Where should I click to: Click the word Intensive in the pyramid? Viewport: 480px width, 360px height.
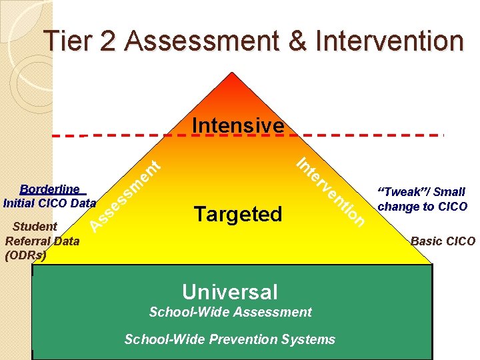[x=237, y=125]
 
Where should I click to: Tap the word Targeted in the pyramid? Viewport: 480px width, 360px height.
[x=238, y=214]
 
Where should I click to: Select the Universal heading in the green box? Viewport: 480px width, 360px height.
[x=230, y=291]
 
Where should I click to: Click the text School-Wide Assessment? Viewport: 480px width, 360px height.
[x=230, y=312]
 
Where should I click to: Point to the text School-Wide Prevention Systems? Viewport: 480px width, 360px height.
[x=230, y=339]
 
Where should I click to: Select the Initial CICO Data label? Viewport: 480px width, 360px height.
[x=50, y=202]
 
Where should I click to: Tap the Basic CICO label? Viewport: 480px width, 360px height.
[x=443, y=241]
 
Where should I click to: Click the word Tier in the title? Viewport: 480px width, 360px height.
[x=67, y=41]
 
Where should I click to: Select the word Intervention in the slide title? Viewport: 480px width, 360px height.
[x=389, y=41]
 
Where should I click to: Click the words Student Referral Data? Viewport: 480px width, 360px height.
[x=41, y=233]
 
